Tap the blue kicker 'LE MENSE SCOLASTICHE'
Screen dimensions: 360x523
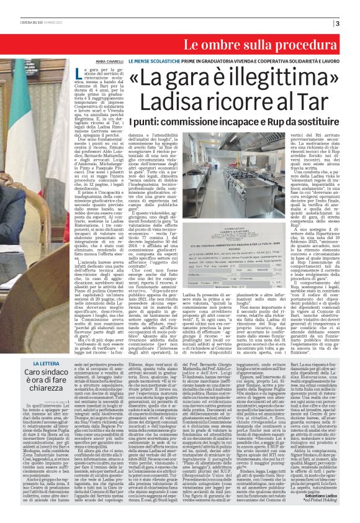(151, 62)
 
